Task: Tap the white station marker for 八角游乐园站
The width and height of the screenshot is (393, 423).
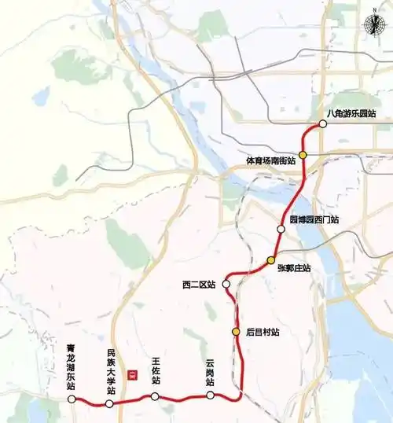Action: point(322,124)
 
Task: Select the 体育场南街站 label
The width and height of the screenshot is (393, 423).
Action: point(270,160)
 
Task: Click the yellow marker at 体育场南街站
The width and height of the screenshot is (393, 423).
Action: point(303,155)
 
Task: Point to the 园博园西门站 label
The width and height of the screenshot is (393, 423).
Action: point(314,220)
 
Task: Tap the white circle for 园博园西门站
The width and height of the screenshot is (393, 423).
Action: point(281,229)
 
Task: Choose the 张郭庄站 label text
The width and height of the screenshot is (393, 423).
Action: point(294,268)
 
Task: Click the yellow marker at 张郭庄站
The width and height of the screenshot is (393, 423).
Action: point(271,260)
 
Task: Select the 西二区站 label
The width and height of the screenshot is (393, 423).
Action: point(199,284)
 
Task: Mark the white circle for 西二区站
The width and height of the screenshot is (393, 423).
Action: point(226,284)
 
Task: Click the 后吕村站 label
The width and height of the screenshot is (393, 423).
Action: point(263,333)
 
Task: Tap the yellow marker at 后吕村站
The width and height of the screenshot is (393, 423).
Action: point(236,332)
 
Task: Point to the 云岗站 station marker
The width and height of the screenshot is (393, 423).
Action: point(210,395)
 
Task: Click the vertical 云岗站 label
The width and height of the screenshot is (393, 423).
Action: point(210,371)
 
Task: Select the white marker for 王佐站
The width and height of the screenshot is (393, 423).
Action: point(156,396)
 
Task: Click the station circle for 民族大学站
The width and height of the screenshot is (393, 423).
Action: point(109,403)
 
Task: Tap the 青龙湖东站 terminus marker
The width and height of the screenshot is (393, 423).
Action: point(72,399)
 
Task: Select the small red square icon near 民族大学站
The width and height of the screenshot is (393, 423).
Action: point(133,374)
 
